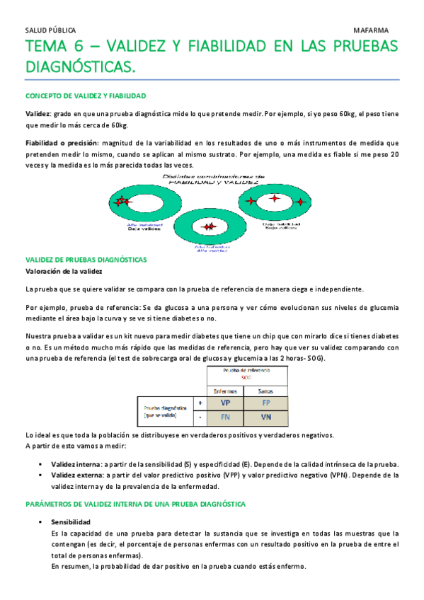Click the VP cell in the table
(x=225, y=402)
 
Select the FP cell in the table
(x=266, y=402)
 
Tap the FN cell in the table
(x=225, y=417)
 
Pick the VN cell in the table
(x=266, y=417)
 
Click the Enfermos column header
(x=225, y=391)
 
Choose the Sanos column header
(x=266, y=391)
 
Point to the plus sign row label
(x=201, y=402)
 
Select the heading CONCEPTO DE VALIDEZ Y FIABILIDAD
(x=86, y=96)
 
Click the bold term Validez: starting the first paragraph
(x=38, y=113)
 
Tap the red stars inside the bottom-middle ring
(x=209, y=226)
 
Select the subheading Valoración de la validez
(x=64, y=271)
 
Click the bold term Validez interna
(x=76, y=464)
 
